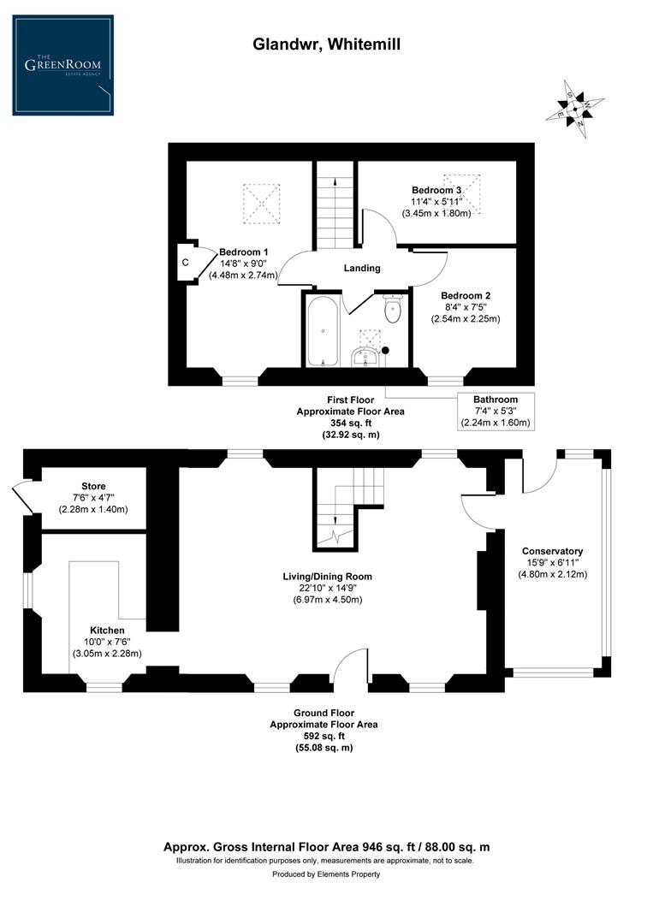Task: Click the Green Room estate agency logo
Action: (62, 65)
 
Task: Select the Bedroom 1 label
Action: (244, 252)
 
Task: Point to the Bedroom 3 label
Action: (436, 190)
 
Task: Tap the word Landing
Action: (362, 268)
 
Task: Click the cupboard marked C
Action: (185, 263)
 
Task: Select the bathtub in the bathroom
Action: (322, 332)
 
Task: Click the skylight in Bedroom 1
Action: (260, 202)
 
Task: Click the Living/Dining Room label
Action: (328, 576)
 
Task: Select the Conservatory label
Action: (554, 551)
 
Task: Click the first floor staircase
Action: (335, 210)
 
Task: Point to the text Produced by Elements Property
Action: (326, 874)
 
